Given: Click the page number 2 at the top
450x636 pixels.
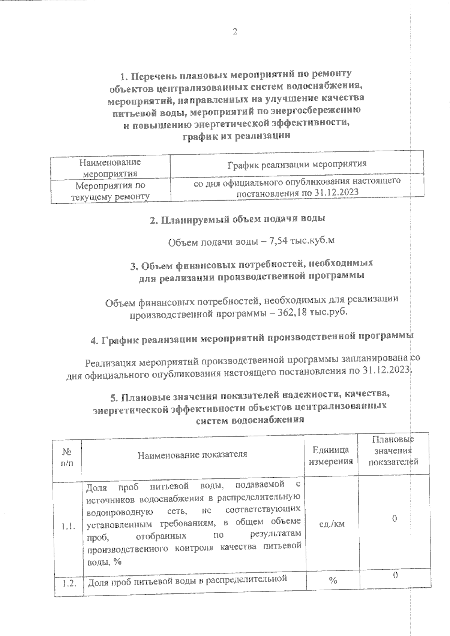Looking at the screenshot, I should [x=235, y=32].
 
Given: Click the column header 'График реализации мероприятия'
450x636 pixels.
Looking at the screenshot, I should [x=297, y=164].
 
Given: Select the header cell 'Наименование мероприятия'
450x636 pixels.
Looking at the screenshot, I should [x=110, y=168].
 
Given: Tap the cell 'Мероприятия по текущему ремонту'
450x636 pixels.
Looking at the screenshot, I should [x=110, y=191].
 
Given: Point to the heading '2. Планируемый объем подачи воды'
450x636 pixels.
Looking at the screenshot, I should [x=237, y=219].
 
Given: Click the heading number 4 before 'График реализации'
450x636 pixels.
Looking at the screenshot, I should [x=94, y=340].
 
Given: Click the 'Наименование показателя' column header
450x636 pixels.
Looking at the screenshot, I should [x=192, y=454].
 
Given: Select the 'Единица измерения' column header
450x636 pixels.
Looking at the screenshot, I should [x=330, y=455].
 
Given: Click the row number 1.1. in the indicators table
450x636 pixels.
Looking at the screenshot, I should [x=68, y=526].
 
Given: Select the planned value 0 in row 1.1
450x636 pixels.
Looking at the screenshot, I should [x=394, y=519].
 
